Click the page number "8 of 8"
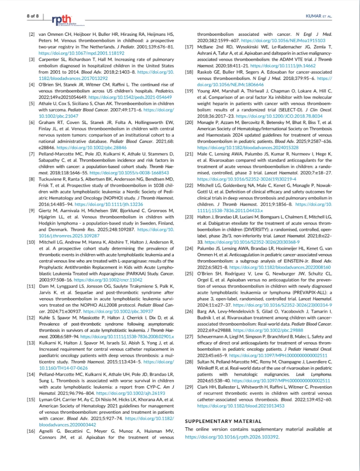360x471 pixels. coord(33,16)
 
